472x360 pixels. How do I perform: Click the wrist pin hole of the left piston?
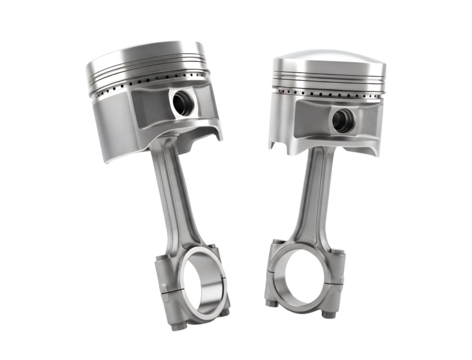click(183, 101)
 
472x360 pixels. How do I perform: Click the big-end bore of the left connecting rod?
click(198, 287)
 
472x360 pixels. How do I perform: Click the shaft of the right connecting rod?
click(312, 195)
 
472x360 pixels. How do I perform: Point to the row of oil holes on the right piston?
click(330, 97)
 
